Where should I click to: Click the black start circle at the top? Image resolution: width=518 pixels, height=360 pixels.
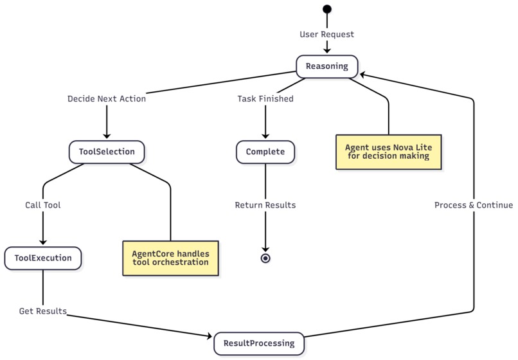tap(327, 9)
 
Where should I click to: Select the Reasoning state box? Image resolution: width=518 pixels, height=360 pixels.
tap(326, 66)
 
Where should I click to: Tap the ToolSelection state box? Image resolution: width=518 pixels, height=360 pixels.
tap(107, 152)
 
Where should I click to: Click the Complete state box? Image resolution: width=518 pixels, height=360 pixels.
tap(265, 152)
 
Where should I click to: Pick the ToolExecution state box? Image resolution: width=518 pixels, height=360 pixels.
tap(43, 258)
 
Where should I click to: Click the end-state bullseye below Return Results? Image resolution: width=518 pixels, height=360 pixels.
tap(265, 258)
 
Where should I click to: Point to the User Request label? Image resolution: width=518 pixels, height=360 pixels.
tap(326, 34)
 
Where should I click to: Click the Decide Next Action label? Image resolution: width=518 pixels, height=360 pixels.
tap(107, 99)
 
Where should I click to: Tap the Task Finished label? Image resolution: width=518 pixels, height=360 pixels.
tap(265, 99)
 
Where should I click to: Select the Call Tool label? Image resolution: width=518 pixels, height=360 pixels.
tap(43, 205)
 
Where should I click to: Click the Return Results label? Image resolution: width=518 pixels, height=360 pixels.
tap(265, 205)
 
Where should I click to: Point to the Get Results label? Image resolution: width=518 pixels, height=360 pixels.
tap(43, 311)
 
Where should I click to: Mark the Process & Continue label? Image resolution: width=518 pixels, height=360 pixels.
tap(474, 205)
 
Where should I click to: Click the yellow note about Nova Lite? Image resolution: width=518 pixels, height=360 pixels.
tap(388, 152)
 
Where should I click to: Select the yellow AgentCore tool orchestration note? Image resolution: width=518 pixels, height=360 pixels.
tap(170, 258)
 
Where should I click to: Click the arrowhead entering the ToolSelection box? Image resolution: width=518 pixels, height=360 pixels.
tap(107, 136)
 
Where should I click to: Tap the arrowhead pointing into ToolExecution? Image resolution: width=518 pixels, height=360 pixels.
tap(43, 242)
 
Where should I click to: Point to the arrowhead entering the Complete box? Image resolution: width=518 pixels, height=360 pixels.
tap(265, 136)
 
